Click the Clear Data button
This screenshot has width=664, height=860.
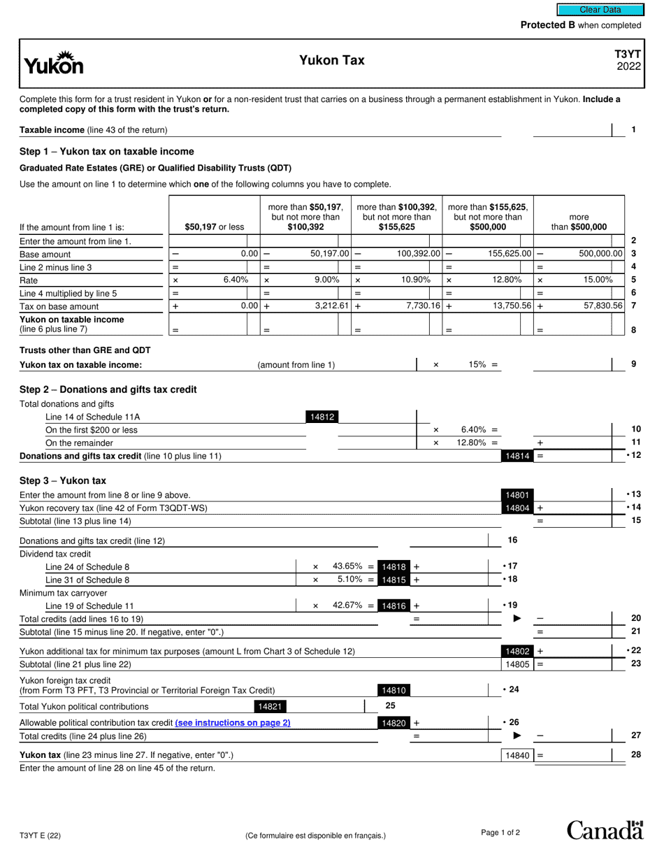pos(600,10)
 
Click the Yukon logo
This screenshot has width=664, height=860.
pos(54,64)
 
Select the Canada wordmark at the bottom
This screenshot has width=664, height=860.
pos(604,830)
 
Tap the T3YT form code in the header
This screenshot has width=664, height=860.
pos(628,55)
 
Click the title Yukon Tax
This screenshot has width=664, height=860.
pos(332,61)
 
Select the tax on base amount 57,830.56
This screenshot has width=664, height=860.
pos(598,306)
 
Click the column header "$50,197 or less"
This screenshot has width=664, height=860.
pos(215,227)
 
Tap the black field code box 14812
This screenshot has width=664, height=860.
pos(322,417)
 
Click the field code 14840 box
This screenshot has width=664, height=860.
pos(517,755)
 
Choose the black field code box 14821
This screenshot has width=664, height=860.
pos(270,707)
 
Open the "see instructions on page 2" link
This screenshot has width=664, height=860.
pos(233,723)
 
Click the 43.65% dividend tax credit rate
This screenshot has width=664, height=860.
pos(347,566)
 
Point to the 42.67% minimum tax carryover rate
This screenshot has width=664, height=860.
pos(347,605)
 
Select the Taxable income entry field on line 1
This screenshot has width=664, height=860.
pos(572,130)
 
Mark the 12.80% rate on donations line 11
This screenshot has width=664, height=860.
pos(474,443)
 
